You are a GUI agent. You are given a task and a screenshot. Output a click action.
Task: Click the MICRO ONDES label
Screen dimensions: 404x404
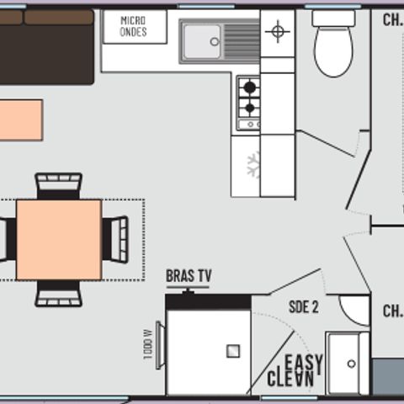click(x=133, y=26)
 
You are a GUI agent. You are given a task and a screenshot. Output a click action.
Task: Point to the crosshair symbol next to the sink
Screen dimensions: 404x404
click(x=277, y=33)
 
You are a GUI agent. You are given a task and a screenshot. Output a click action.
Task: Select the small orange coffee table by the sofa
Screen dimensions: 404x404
click(x=20, y=120)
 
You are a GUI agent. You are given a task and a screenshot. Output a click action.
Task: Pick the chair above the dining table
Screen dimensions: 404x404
click(x=59, y=185)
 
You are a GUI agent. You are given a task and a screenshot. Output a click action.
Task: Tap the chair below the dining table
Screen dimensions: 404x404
click(x=59, y=293)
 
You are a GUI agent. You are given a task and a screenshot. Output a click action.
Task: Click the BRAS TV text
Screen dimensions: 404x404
click(x=189, y=276)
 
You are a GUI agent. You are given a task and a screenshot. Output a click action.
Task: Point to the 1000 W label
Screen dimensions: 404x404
click(x=148, y=343)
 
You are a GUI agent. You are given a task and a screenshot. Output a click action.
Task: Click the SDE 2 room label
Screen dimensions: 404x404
click(x=303, y=307)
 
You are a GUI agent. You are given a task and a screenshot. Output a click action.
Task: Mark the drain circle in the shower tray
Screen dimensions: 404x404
click(x=351, y=364)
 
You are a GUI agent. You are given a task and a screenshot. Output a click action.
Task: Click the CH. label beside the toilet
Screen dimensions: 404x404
click(x=392, y=19)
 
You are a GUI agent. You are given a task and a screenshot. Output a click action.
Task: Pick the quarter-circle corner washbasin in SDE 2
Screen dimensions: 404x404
click(x=357, y=307)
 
